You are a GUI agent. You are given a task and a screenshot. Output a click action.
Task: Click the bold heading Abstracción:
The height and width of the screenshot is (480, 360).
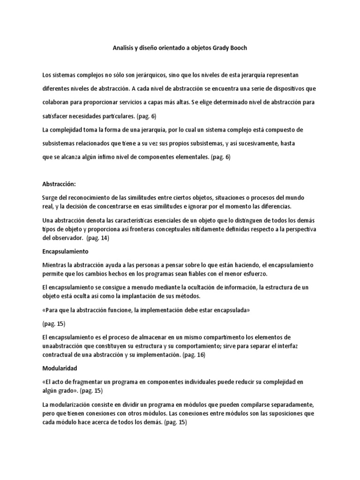(59, 184)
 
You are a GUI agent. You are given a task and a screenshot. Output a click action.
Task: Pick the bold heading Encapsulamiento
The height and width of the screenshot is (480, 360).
(66, 251)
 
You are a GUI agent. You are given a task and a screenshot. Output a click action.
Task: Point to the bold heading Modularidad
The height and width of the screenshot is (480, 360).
(60, 368)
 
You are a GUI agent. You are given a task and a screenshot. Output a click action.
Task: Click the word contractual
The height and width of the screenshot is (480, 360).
(58, 355)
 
